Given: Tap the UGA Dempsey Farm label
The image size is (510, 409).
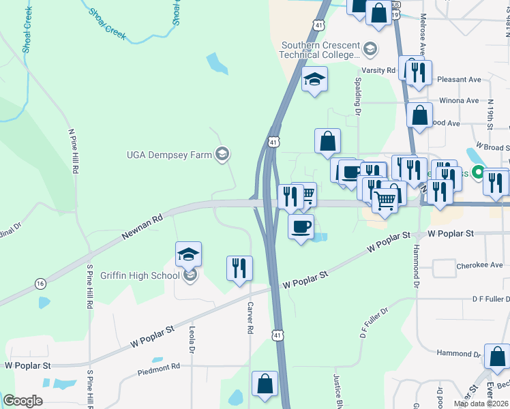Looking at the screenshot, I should click(x=169, y=155).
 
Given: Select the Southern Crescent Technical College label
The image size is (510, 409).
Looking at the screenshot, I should click(x=320, y=50).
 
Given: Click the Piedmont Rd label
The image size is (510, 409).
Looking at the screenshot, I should click(x=158, y=366).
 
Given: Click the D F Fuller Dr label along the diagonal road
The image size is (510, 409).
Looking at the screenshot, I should click(x=374, y=323).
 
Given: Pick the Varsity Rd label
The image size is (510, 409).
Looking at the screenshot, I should click(x=378, y=70).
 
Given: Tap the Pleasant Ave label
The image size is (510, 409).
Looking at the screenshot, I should click(x=460, y=79).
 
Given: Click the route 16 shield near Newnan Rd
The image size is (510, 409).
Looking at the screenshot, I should click(x=40, y=283).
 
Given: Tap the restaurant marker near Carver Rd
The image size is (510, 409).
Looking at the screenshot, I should click(x=239, y=267).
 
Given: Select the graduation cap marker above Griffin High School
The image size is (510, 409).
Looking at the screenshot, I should click(x=188, y=254).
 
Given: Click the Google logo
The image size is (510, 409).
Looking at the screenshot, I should click(x=22, y=401).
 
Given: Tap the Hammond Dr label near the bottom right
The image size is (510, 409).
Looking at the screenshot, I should click(x=458, y=354).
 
